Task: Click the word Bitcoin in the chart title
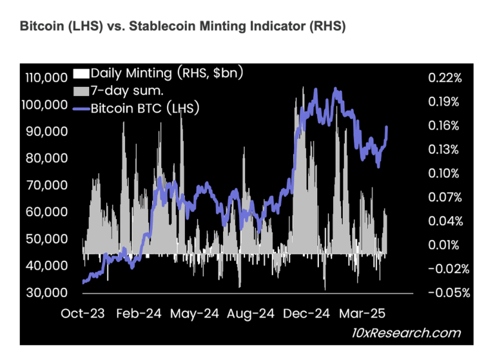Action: click(x=41, y=28)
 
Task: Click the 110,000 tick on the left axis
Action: click(x=47, y=78)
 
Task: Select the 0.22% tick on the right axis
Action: click(x=444, y=78)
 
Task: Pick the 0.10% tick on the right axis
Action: click(x=444, y=173)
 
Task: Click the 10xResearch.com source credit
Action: click(x=412, y=333)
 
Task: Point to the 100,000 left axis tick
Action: click(x=47, y=104)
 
